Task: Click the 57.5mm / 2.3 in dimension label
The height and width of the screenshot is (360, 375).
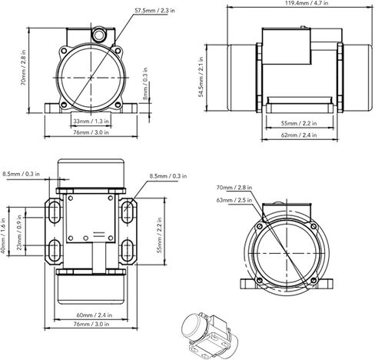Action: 154,11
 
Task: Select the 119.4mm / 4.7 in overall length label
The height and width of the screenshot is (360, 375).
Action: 307,3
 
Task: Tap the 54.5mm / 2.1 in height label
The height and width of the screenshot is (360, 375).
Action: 201,77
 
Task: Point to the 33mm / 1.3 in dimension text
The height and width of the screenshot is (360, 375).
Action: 91,122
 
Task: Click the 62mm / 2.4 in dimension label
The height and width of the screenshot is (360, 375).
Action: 299,135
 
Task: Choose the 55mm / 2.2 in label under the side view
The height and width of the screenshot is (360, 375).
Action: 299,123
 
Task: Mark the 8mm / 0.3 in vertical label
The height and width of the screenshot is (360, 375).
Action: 145,84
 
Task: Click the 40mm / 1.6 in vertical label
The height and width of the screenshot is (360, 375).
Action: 3,235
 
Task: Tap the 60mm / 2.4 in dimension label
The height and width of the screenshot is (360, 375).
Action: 95,315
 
